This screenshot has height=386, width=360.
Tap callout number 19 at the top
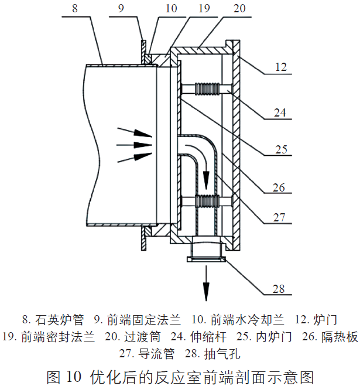click(x=186, y=9)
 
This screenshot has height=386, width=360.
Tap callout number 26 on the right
click(x=280, y=188)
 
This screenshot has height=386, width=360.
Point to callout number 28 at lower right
click(x=279, y=288)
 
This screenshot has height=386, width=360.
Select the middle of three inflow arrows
click(x=133, y=144)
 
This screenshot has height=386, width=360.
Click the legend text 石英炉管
click(x=59, y=320)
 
